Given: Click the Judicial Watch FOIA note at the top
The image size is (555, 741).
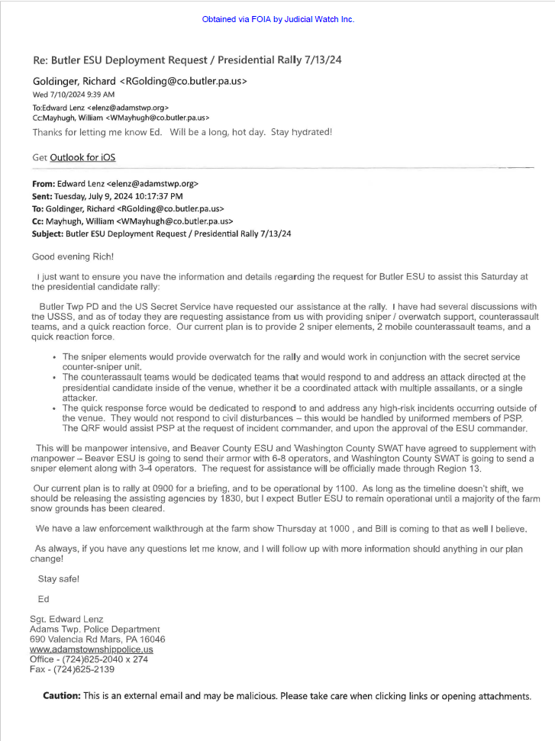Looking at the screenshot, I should click(x=278, y=19).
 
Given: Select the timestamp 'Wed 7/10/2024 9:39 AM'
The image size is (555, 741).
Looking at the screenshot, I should click(x=73, y=95).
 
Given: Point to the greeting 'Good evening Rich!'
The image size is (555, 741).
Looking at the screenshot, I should click(x=73, y=256).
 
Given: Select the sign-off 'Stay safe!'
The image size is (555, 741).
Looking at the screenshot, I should click(x=58, y=578).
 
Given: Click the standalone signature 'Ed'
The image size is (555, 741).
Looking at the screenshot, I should click(x=44, y=599).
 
